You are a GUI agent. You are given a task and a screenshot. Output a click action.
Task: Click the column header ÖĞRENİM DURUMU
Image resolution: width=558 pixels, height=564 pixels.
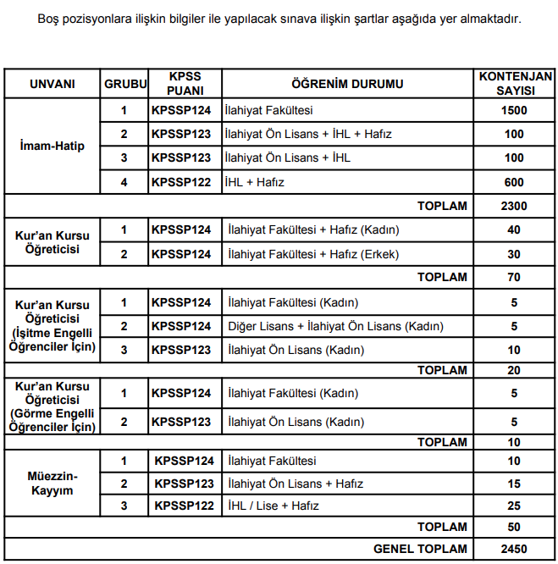[x=347, y=84]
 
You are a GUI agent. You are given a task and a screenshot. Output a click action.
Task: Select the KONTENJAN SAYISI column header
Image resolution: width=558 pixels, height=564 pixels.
[x=513, y=84]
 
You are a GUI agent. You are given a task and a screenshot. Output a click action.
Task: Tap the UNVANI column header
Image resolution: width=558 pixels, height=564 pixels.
[x=52, y=84]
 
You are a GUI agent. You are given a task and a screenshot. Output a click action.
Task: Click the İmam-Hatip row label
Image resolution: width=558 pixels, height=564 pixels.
[x=52, y=147]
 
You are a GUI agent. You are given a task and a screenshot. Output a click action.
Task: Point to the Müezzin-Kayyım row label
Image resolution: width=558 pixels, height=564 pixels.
[x=52, y=484]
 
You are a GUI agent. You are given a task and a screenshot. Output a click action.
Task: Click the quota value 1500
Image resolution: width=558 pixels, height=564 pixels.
[x=513, y=110]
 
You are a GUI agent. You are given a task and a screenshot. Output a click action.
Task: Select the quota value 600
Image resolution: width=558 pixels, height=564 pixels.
[x=513, y=182]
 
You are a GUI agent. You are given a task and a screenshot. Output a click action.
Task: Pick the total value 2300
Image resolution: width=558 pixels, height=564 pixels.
[x=513, y=206]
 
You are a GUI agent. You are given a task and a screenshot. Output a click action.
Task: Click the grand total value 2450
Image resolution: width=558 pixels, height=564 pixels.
[x=513, y=549]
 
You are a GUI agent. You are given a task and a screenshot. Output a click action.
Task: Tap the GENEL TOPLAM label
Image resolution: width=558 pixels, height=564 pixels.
[x=420, y=549]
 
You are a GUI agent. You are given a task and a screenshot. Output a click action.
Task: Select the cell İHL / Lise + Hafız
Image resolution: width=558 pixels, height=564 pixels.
[x=273, y=506]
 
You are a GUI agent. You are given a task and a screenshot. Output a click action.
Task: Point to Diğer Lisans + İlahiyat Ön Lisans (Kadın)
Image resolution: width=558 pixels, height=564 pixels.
[x=335, y=326]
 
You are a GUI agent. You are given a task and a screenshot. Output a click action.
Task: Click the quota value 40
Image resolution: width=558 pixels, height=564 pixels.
[x=513, y=229]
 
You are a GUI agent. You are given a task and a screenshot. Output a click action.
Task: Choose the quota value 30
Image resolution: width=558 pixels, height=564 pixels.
[x=513, y=254]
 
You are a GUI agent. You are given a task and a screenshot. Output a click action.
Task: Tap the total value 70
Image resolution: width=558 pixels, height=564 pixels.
[x=513, y=277]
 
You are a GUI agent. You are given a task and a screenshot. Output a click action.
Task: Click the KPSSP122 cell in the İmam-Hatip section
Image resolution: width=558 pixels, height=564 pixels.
[x=181, y=182]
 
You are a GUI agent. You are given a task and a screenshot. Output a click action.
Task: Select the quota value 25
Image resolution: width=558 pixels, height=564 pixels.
[x=513, y=506]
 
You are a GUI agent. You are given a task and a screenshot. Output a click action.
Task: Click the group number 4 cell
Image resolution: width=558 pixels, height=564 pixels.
[x=124, y=182]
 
